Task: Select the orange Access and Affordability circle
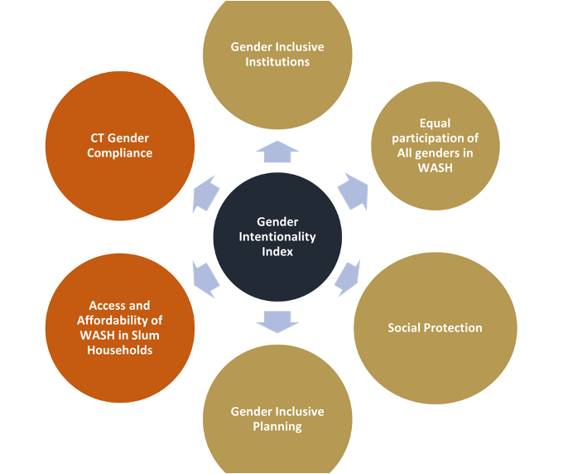pos(121,327)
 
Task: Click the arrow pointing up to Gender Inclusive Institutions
pos(277,152)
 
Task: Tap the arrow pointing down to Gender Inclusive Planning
pos(277,321)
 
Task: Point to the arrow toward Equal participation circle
pos(353,189)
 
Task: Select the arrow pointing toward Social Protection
pos(348,278)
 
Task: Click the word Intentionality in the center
pos(277,236)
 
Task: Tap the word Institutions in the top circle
pos(277,61)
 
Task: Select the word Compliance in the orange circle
pos(122,152)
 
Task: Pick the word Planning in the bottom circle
pos(277,427)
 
